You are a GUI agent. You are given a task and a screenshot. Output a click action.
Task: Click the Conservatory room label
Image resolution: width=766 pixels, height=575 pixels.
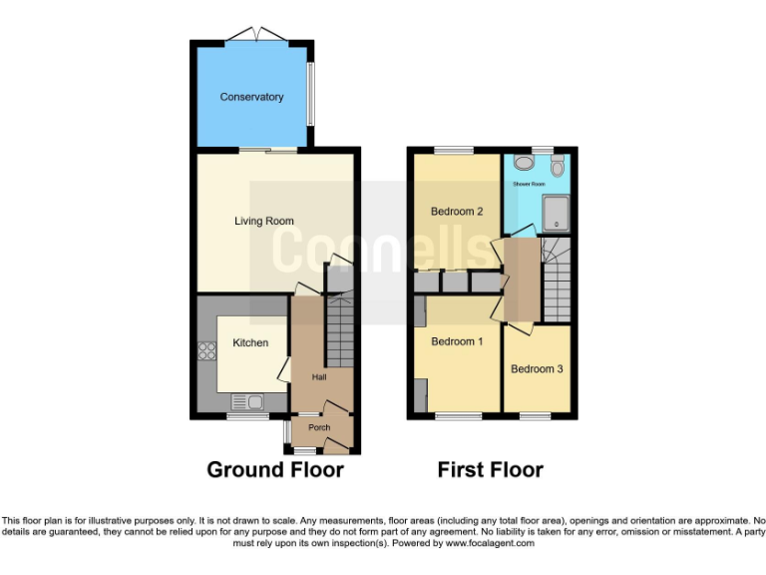pos(251,97)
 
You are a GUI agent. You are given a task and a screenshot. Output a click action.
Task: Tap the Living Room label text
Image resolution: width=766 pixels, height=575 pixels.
pos(264,221)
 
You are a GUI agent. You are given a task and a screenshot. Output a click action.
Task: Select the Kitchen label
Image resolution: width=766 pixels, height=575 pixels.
pos(250,342)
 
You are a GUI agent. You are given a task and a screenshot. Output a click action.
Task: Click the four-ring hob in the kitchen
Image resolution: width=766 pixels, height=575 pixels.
pos(208,350)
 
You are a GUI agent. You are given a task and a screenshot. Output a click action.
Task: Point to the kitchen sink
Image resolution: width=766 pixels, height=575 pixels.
pos(245,402)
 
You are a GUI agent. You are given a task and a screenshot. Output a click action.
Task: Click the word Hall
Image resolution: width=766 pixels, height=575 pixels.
pos(319,377)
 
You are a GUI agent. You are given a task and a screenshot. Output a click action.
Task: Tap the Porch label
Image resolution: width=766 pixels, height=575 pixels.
pos(318,427)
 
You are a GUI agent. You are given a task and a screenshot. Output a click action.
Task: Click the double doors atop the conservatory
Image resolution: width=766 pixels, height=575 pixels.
pos(257,35)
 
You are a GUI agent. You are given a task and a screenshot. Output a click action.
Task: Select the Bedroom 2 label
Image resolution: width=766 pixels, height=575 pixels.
pos(457,212)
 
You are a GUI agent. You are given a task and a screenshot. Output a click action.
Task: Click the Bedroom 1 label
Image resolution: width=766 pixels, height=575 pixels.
pos(457,341)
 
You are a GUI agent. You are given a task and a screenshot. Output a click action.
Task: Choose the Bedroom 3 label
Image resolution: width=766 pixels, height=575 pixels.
pos(537,368)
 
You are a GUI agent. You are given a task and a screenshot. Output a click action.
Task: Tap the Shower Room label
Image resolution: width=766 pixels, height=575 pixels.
pos(529,185)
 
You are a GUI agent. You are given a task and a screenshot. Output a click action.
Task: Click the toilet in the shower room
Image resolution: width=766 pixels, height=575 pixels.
pos(557,165)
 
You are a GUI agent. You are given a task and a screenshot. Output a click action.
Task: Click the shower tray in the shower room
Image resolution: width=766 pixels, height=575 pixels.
pos(556,213)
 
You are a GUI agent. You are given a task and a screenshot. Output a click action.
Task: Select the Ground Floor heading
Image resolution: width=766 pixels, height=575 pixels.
pos(274,469)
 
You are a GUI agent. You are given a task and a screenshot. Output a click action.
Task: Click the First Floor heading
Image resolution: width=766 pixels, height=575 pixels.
pos(490,469)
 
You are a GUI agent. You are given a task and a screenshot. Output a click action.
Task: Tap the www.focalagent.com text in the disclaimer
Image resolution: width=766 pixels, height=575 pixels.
pos(490,544)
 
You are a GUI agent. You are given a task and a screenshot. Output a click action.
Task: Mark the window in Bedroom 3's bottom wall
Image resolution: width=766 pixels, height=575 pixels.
pos(537,414)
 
